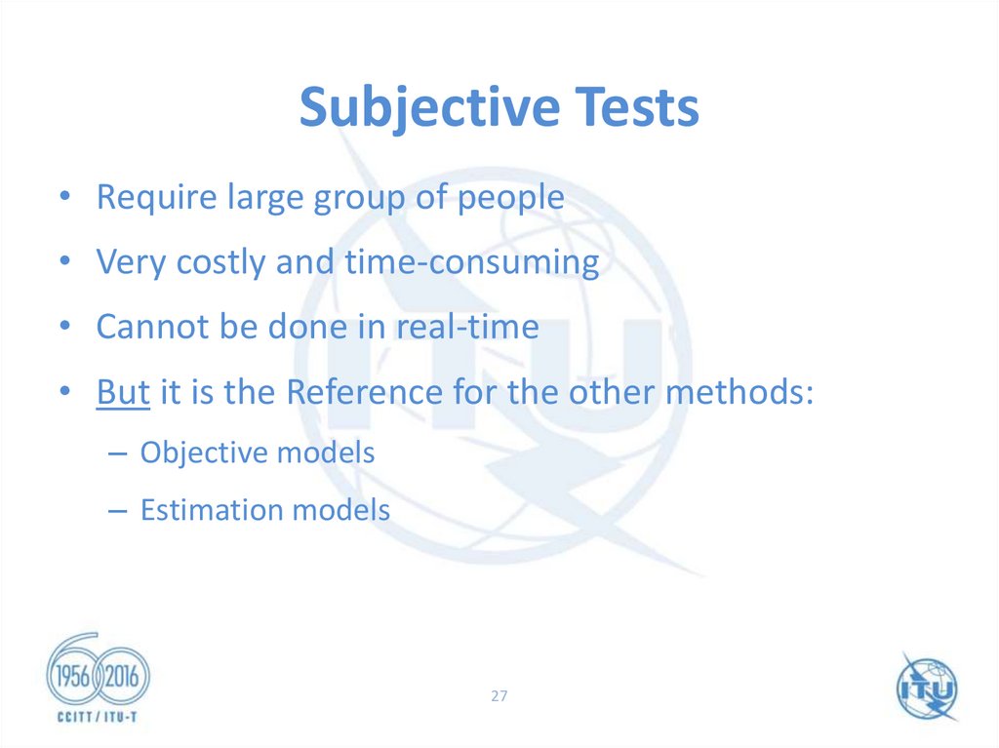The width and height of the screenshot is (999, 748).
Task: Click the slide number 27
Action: [499, 696]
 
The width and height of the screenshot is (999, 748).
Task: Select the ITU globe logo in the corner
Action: [928, 687]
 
